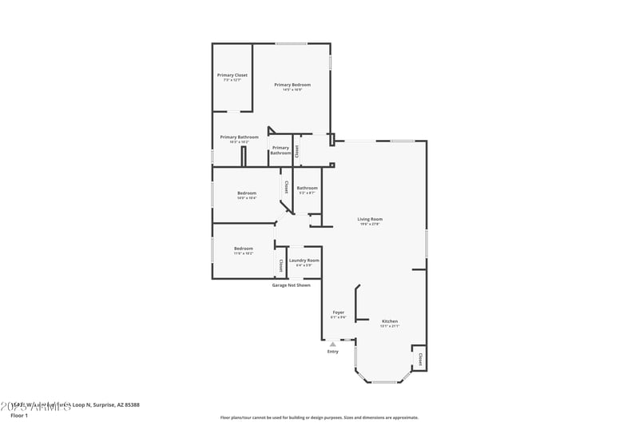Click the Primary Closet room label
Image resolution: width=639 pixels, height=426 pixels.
click(x=232, y=75)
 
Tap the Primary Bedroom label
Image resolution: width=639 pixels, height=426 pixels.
click(x=292, y=85)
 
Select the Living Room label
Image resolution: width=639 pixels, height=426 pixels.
click(x=370, y=219)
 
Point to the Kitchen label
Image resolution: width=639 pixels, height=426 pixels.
click(x=389, y=321)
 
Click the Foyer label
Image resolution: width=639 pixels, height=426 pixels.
click(x=339, y=313)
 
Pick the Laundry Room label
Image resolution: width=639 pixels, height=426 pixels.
click(x=304, y=260)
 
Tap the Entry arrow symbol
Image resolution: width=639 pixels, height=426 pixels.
click(x=333, y=344)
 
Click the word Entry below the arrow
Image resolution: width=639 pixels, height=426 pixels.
click(x=333, y=352)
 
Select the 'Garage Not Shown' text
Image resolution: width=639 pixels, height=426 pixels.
click(x=292, y=285)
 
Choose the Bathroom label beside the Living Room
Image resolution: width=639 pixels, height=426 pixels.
click(x=308, y=188)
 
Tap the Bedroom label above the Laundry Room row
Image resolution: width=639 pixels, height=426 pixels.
click(x=247, y=193)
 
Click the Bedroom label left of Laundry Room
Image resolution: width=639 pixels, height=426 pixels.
click(x=244, y=249)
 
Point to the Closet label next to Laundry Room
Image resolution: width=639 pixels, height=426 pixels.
click(x=281, y=265)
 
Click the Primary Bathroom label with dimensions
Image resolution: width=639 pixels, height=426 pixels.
click(x=240, y=137)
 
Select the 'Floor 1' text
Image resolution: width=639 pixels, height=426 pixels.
click(x=19, y=416)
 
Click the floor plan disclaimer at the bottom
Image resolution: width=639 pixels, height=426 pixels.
click(x=319, y=417)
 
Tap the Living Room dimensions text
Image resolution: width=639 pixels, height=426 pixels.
click(x=370, y=225)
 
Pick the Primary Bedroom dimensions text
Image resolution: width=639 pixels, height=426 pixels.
click(x=292, y=90)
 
